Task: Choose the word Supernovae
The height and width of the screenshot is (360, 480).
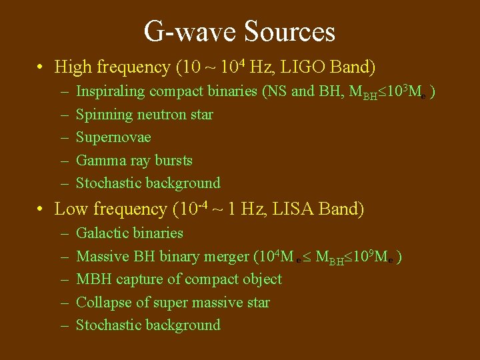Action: pos(113,137)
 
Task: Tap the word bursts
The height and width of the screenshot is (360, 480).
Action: pos(173,161)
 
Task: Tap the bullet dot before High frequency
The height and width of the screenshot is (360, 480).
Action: pos(41,67)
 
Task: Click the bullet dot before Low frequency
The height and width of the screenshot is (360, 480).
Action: pos(41,209)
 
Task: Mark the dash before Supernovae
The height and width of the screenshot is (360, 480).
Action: pos(63,138)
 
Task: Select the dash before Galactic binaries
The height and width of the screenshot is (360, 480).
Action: pos(63,234)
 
